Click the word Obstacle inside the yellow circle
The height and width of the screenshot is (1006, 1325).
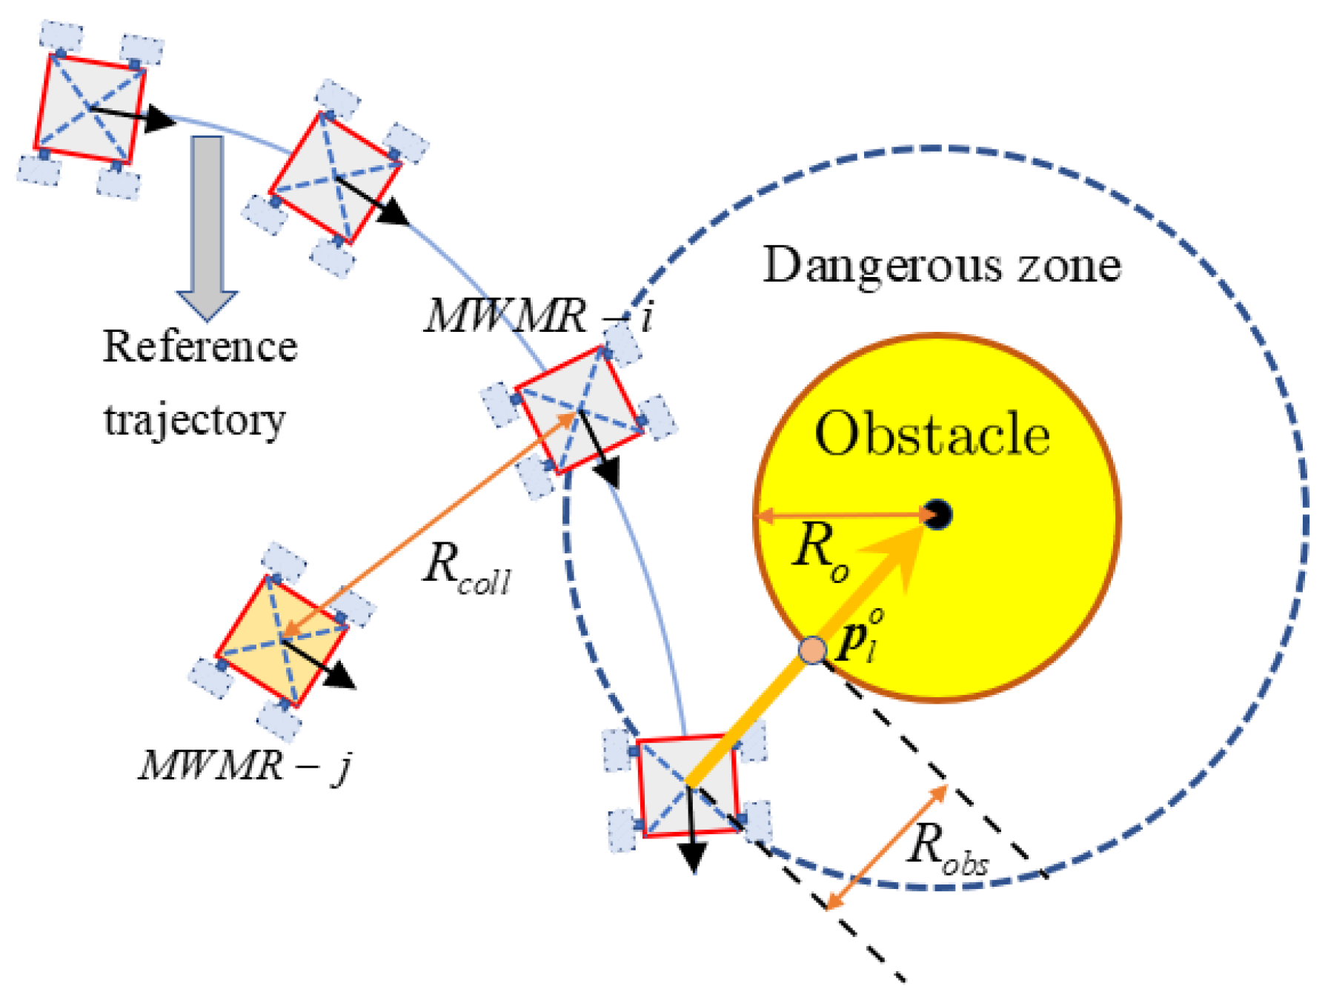[x=932, y=434]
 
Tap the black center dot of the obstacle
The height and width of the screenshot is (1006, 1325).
[x=938, y=514]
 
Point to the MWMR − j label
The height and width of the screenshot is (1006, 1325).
[x=245, y=765]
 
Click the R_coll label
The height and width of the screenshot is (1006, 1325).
[x=467, y=572]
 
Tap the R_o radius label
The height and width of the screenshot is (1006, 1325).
[x=820, y=552]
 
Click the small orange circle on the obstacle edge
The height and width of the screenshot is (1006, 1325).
[x=813, y=650]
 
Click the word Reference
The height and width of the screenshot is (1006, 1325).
[x=200, y=347]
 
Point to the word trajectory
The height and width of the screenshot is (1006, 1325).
[x=194, y=421]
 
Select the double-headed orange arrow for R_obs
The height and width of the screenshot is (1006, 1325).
[x=887, y=847]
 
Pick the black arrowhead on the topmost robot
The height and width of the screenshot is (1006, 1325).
[x=158, y=119]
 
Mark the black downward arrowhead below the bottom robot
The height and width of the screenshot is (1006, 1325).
[x=692, y=858]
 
